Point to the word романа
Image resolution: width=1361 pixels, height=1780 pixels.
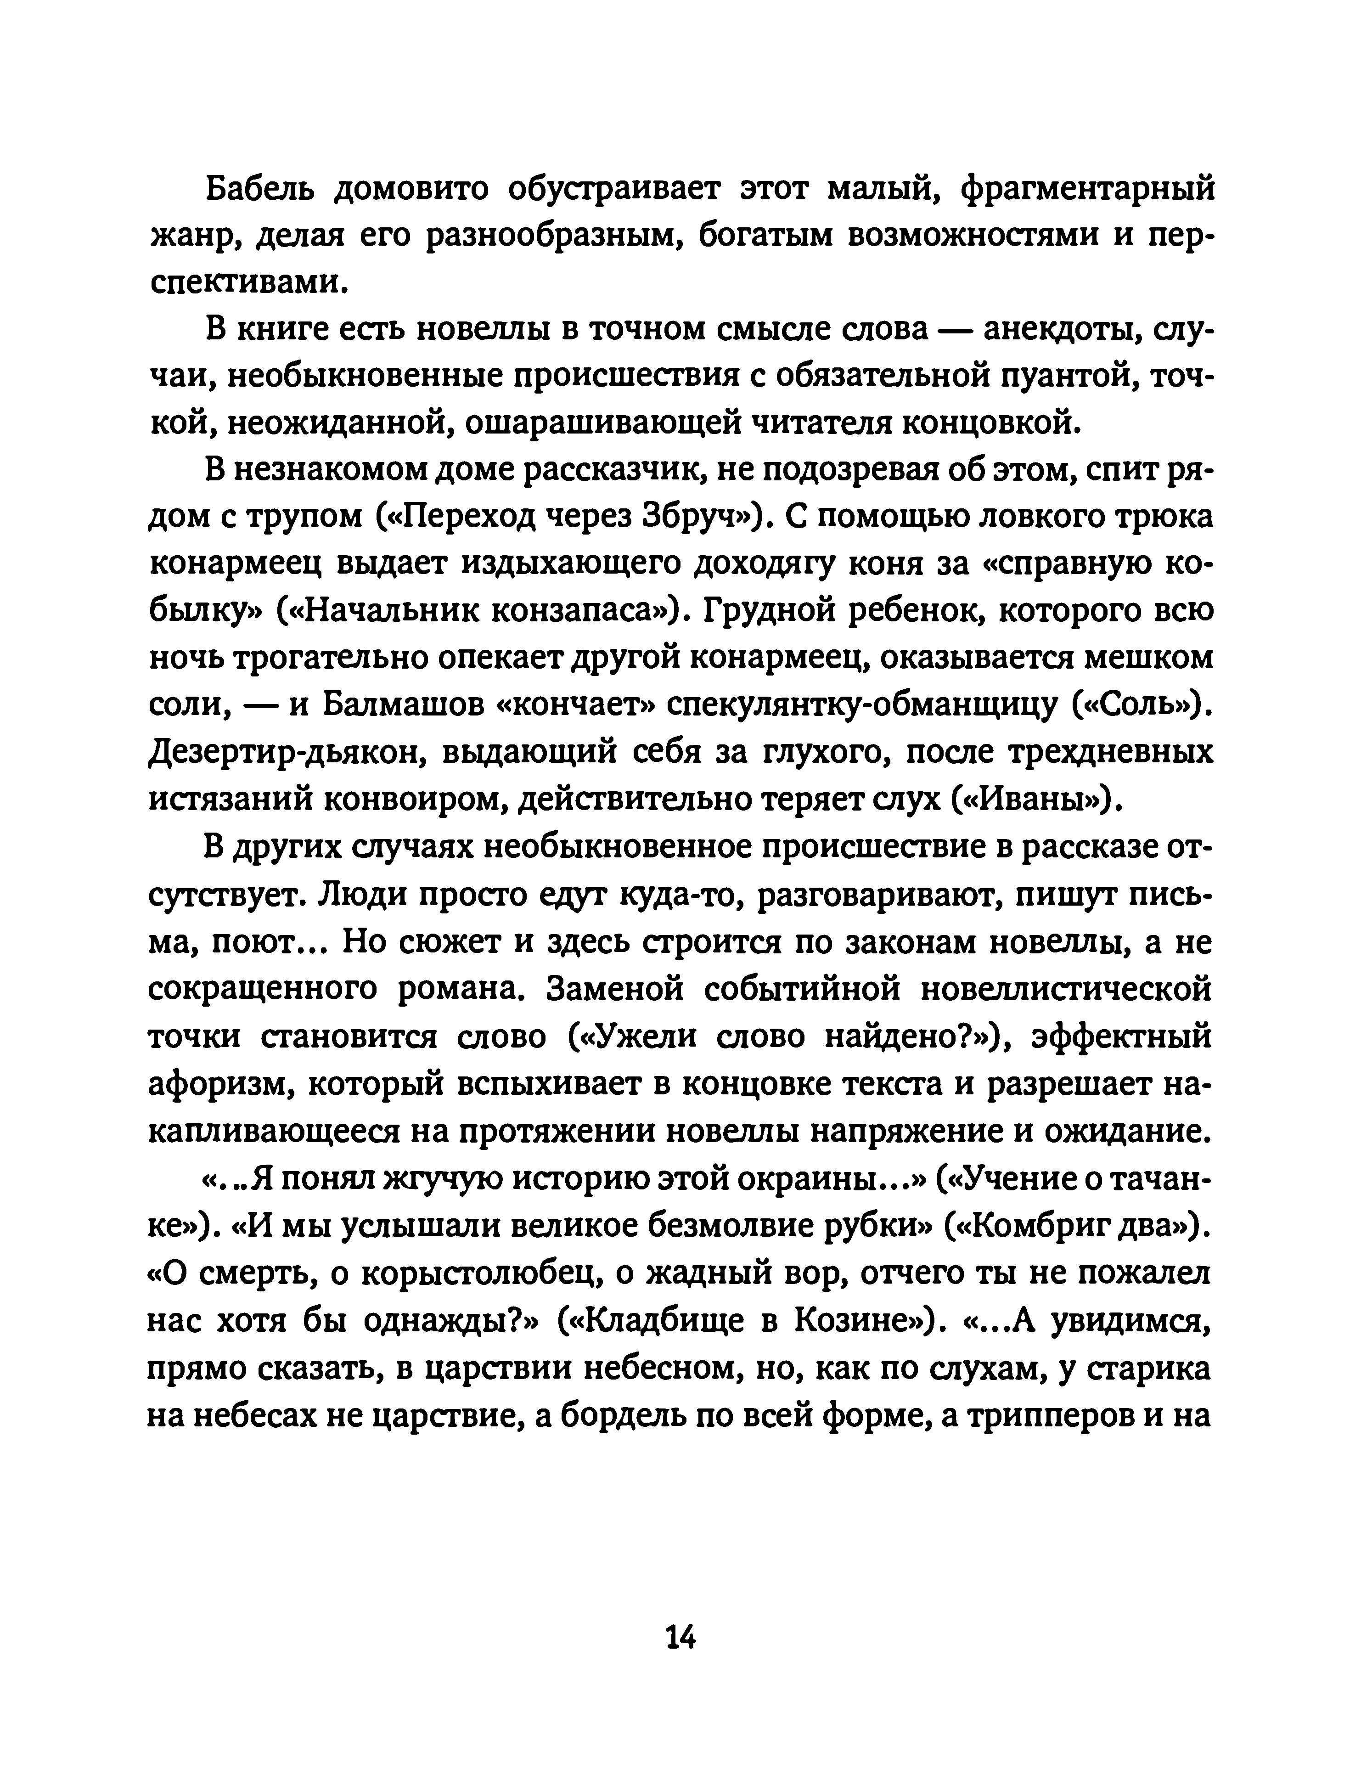(x=462, y=989)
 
